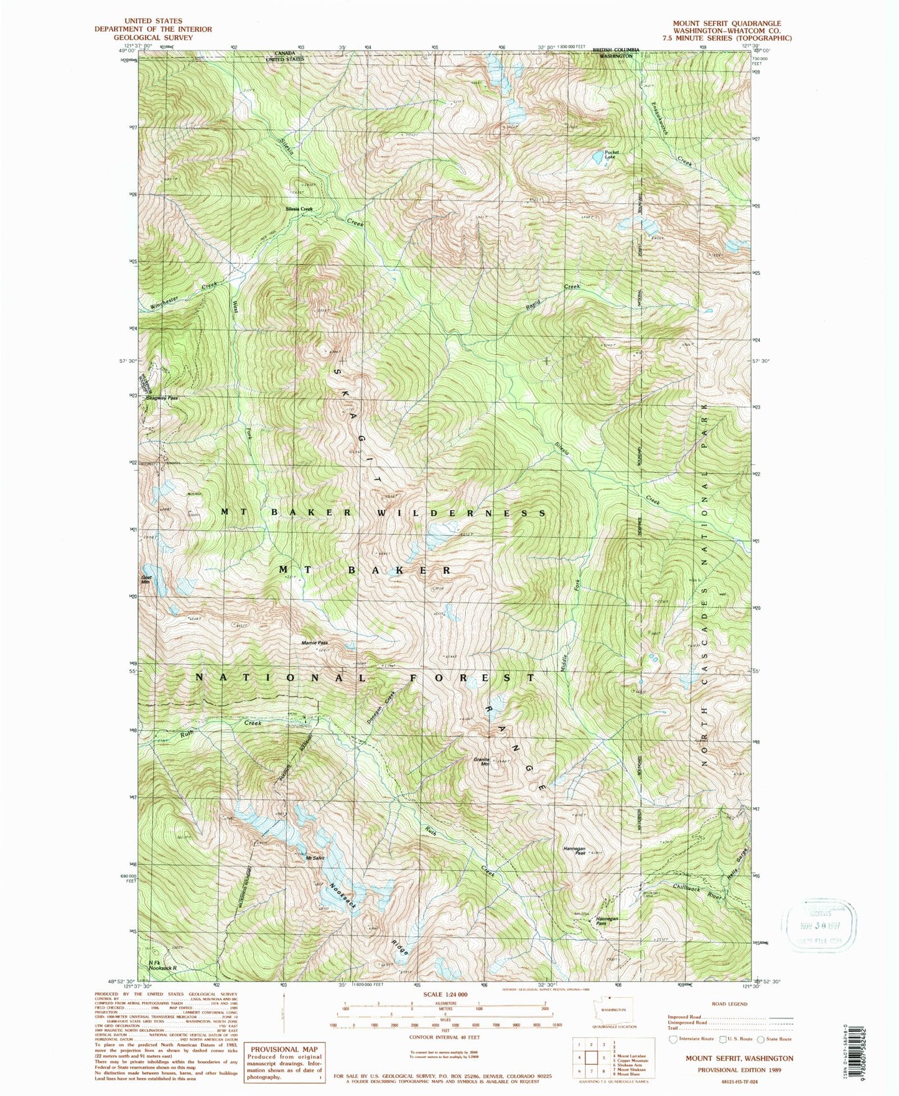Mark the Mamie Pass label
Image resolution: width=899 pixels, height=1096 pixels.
314,642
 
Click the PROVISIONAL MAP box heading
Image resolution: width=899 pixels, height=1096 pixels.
284,1049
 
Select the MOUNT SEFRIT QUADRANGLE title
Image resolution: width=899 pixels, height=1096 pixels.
726,23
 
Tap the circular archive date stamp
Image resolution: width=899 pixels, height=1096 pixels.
820,927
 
